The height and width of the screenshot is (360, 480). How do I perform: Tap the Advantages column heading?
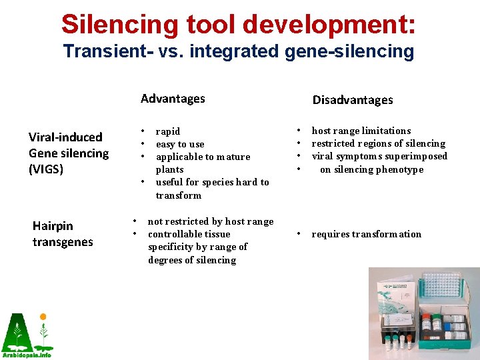(173, 99)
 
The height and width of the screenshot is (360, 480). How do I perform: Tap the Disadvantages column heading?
(353, 100)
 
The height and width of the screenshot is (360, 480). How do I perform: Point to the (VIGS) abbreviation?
(46, 169)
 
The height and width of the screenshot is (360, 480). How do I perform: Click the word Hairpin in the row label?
(53, 226)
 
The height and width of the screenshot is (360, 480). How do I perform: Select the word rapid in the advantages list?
(167, 131)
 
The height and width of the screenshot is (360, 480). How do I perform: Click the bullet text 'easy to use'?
(180, 144)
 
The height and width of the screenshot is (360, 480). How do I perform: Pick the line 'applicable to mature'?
(203, 157)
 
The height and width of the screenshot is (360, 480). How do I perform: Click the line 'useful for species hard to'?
(212, 182)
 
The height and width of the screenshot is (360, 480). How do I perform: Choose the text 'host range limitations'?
(361, 131)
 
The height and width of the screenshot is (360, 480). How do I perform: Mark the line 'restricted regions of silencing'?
(378, 143)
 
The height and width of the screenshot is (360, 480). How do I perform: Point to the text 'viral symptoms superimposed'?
(379, 156)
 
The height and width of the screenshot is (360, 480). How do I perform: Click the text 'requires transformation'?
(366, 234)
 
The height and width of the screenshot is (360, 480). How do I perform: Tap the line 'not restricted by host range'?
(210, 221)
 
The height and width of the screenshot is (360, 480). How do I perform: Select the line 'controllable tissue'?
(189, 234)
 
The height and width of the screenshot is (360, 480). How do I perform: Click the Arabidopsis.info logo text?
(27, 355)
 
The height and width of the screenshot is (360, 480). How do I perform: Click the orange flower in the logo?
(43, 317)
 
